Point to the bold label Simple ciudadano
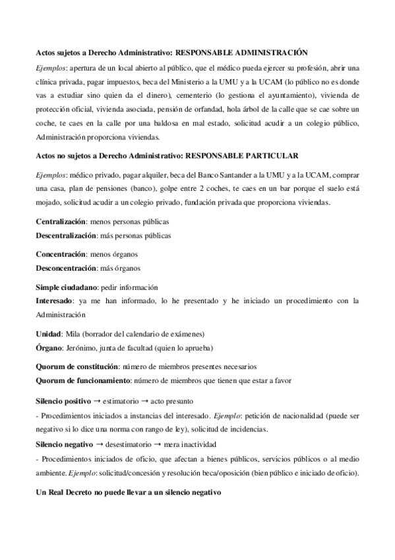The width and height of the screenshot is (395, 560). [66, 287]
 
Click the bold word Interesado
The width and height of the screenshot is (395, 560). [53, 300]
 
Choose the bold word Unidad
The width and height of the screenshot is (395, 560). [47, 333]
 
